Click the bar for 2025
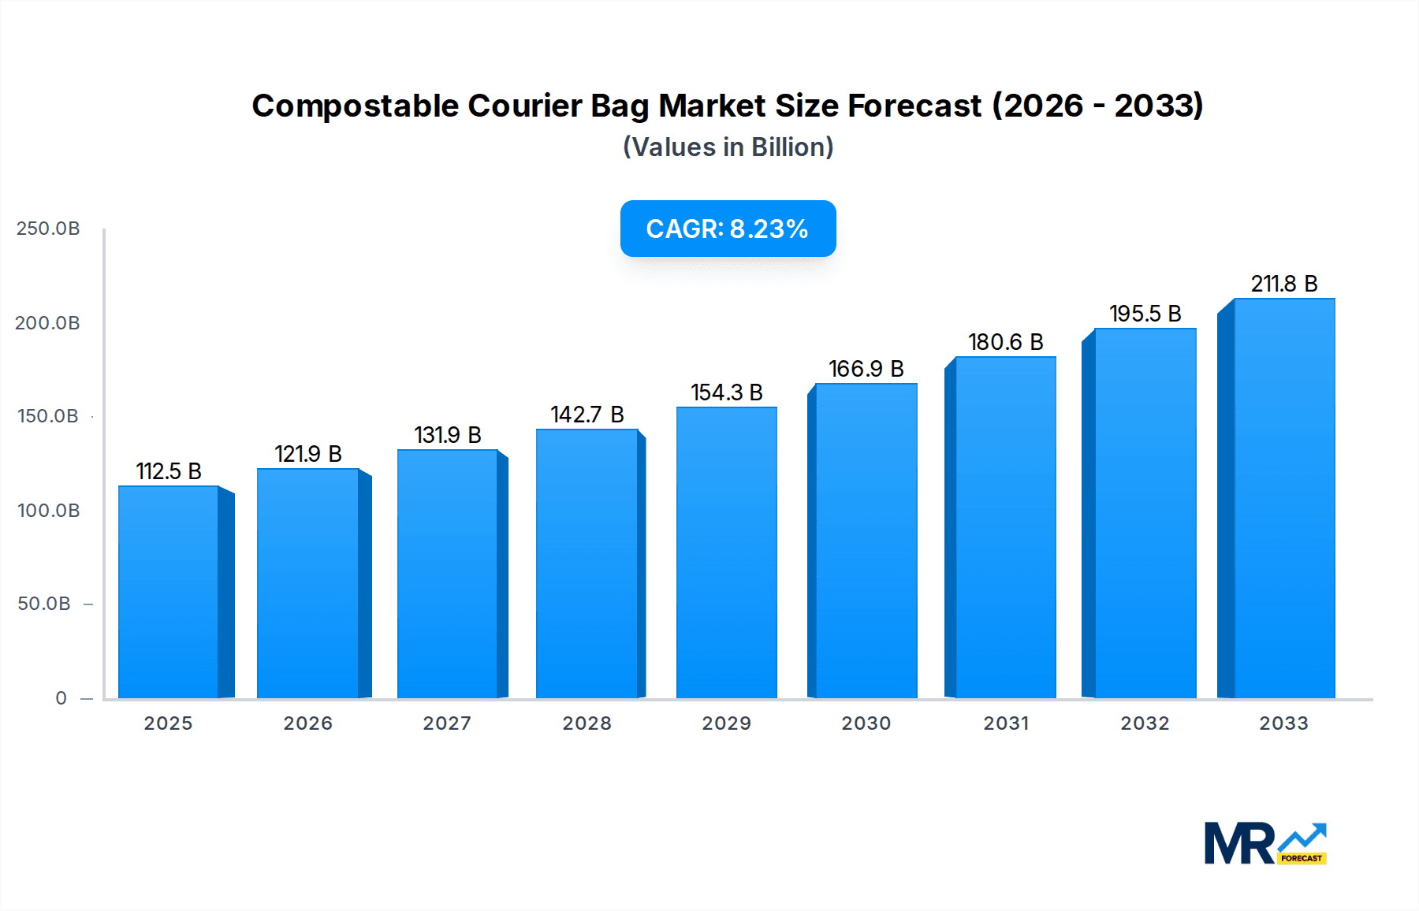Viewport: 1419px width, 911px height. coord(169,591)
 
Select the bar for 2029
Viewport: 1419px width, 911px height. coord(727,552)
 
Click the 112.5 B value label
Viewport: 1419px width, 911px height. coord(169,471)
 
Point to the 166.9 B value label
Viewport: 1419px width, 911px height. coord(866,369)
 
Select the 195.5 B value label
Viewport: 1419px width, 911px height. coord(1145,314)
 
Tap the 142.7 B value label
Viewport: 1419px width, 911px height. coord(587,415)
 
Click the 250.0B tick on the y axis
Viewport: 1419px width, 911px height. coord(48,229)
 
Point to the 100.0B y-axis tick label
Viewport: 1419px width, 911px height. coord(48,511)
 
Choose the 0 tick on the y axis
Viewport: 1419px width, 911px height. coord(61,698)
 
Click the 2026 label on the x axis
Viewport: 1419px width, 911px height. coord(308,723)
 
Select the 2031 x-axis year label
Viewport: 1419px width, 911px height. coord(1006,723)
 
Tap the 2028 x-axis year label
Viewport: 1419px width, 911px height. coord(587,723)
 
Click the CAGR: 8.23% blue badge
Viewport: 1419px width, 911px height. coord(728,229)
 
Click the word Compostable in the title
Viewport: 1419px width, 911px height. coord(355,106)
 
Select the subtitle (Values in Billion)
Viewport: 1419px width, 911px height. coord(728,147)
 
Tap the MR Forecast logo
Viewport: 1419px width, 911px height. coord(1264,843)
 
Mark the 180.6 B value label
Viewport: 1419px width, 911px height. coord(1005,342)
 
